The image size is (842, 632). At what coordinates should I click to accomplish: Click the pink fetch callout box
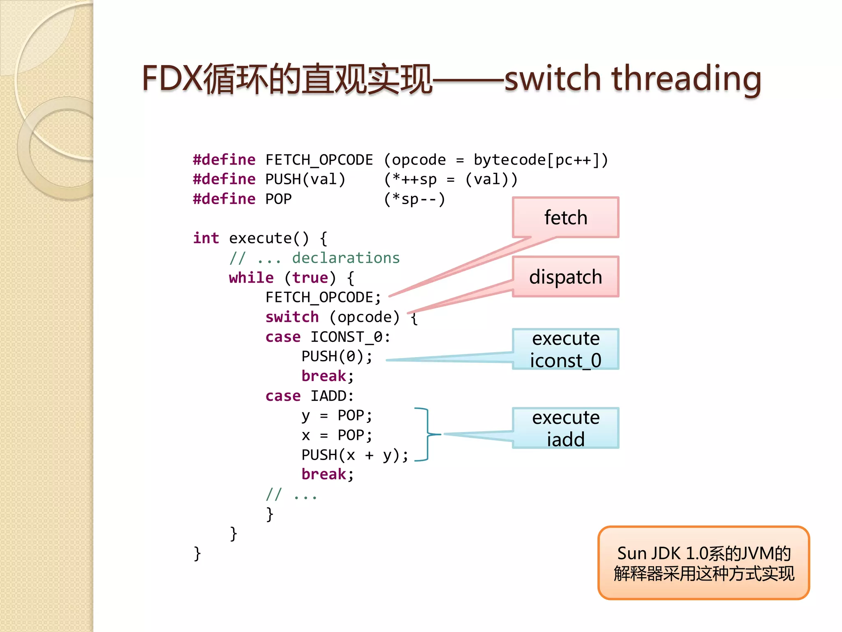click(x=565, y=217)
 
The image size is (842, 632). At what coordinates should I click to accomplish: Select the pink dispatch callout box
click(x=565, y=276)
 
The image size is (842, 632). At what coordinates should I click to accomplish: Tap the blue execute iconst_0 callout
click(x=565, y=349)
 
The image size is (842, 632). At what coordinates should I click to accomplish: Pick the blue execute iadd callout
click(x=565, y=428)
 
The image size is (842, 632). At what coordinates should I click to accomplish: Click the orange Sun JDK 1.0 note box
click(x=703, y=563)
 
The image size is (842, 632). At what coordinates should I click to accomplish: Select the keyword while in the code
click(x=251, y=278)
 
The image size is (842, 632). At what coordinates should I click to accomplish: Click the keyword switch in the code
click(x=292, y=317)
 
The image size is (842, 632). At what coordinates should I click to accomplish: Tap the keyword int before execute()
click(x=206, y=238)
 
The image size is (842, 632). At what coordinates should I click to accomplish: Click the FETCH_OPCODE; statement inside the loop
click(x=323, y=297)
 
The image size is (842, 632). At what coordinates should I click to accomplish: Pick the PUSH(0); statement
click(x=337, y=356)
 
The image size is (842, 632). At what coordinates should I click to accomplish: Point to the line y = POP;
click(x=337, y=416)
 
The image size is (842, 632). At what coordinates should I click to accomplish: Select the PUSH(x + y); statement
click(x=355, y=455)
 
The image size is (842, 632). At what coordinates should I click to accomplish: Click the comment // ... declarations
click(x=315, y=258)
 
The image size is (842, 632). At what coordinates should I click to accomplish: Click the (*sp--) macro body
click(x=414, y=199)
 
